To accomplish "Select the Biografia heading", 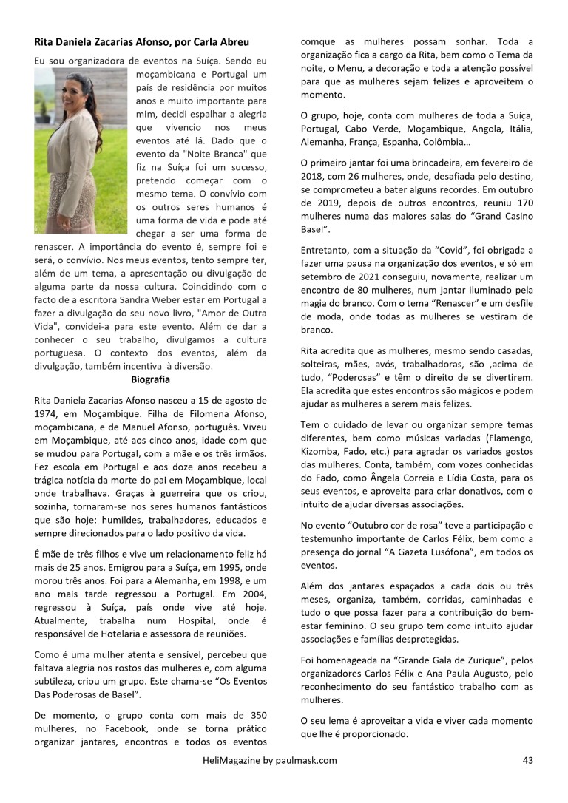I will tap(150, 379).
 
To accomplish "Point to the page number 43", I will tap(527, 759).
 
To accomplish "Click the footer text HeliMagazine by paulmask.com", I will tap(269, 759).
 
